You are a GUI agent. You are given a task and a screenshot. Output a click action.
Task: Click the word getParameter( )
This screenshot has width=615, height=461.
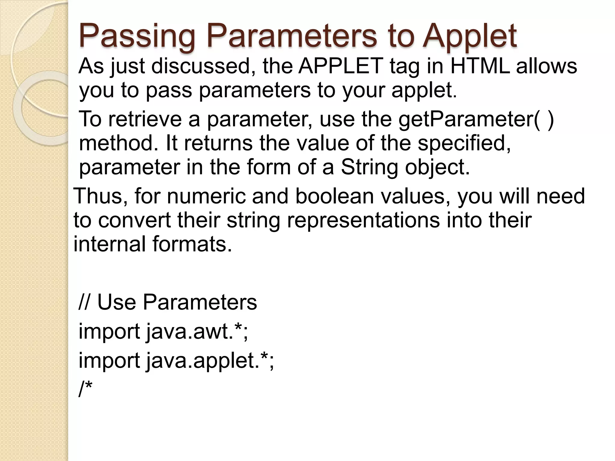tap(476, 119)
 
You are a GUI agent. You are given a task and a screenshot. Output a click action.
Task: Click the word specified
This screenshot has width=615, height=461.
tap(464, 143)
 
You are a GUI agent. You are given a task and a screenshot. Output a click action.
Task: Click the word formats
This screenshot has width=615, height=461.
tap(192, 244)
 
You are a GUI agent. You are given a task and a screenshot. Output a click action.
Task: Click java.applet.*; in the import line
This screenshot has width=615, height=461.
tap(210, 360)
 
